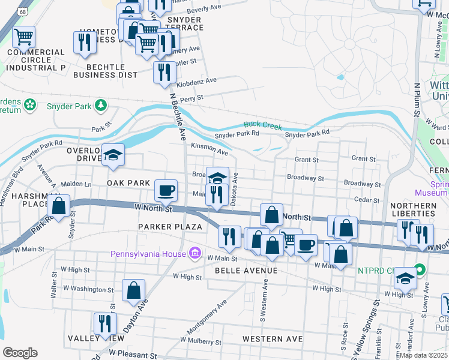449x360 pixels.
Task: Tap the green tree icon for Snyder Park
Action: point(101,106)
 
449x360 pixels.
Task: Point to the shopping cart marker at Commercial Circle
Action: point(23,37)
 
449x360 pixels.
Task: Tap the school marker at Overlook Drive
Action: point(112,155)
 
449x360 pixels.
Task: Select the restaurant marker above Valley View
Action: point(105,323)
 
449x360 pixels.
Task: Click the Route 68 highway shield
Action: point(23,11)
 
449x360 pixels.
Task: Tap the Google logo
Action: point(20,352)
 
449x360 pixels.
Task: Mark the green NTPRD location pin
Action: point(420,269)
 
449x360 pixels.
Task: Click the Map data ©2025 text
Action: point(423,355)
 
